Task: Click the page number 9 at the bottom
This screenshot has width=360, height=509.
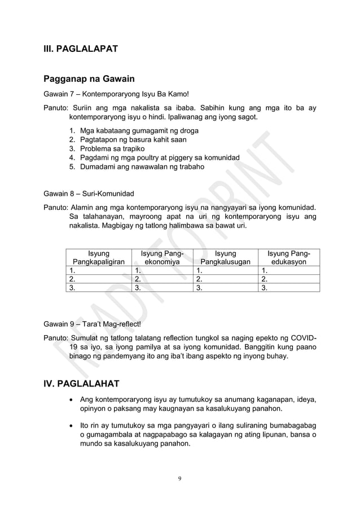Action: point(179,479)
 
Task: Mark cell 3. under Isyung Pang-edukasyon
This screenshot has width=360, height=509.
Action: point(288,287)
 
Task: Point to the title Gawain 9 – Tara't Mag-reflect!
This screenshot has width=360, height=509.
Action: point(93,324)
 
